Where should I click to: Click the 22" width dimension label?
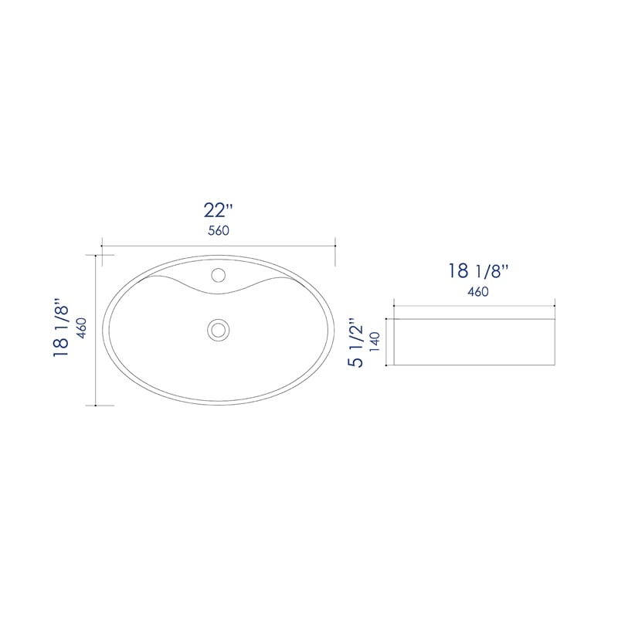point(219,210)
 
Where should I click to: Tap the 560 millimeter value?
point(219,230)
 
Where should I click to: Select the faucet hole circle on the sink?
point(219,275)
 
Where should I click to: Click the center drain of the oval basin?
point(219,330)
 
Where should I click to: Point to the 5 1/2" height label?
point(355,342)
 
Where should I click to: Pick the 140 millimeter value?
point(375,341)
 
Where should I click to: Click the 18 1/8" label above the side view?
point(478,271)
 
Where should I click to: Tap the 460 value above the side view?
point(478,292)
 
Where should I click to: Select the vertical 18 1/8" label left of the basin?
point(61,327)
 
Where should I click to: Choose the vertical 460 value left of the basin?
point(82,328)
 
